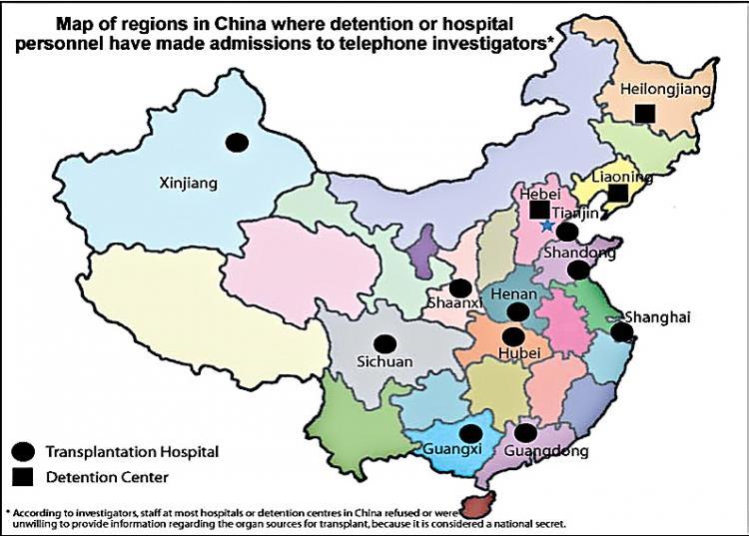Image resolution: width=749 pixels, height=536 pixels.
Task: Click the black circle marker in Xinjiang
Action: point(237,143)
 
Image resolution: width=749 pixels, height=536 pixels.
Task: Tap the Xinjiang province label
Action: point(189,182)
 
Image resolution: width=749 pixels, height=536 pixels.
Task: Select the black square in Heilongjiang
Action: point(645,114)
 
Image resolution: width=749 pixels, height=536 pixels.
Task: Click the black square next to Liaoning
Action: point(618,193)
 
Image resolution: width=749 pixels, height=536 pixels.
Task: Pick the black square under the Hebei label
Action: point(539,210)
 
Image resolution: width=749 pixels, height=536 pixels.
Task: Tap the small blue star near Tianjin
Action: point(547,226)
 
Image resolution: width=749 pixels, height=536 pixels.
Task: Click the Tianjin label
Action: point(575,213)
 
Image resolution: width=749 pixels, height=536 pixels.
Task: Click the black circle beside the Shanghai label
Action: point(621,332)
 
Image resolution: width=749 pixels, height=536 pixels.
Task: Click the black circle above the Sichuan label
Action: point(383,343)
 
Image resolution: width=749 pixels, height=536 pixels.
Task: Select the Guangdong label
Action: point(548,451)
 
